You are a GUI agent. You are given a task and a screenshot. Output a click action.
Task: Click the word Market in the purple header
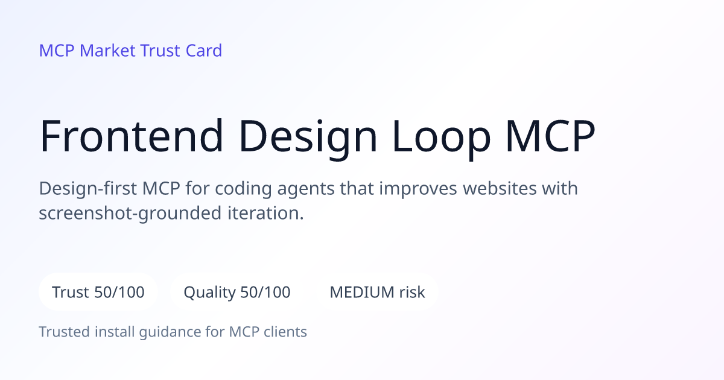(107, 51)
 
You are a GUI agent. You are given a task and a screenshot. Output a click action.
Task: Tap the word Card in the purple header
(204, 51)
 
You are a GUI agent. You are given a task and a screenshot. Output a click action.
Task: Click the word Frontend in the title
(132, 135)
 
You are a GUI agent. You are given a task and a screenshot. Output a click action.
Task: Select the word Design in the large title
(308, 138)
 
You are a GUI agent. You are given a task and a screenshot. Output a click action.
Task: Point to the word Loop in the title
(441, 138)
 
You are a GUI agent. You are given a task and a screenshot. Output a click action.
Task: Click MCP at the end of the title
(550, 135)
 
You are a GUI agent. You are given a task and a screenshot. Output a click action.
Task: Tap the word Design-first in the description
(88, 189)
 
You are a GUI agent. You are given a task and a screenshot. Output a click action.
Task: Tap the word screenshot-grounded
(130, 214)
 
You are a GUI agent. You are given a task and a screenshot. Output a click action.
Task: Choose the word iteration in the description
(265, 214)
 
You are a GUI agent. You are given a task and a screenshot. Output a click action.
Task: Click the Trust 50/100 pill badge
(98, 292)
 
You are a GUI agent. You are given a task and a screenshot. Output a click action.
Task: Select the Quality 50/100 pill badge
(237, 292)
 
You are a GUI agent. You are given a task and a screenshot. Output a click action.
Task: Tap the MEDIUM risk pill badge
(377, 292)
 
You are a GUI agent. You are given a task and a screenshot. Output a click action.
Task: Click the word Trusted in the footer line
(65, 332)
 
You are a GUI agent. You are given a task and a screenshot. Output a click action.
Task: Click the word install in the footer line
(115, 332)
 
